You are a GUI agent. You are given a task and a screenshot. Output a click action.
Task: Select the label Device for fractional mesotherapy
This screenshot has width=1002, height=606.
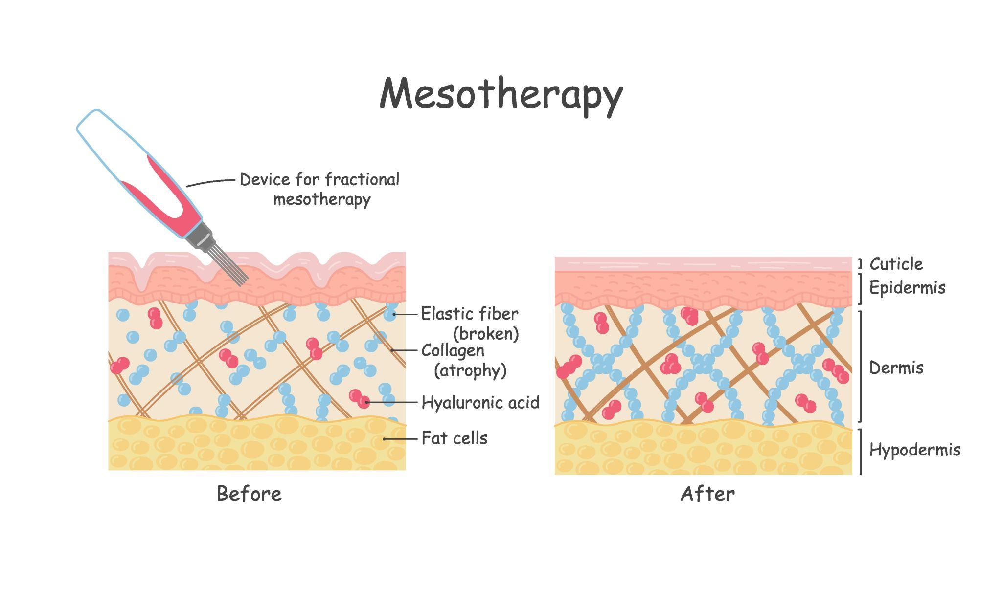coord(319,190)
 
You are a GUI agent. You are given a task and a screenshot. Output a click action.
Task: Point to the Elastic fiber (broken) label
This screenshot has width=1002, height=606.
coord(470,324)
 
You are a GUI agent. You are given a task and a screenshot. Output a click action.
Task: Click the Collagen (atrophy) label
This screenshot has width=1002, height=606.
coord(464,361)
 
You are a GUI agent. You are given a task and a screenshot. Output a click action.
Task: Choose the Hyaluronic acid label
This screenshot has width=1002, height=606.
coord(480,402)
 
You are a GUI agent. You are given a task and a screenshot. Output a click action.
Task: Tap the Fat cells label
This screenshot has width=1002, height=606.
coord(455,438)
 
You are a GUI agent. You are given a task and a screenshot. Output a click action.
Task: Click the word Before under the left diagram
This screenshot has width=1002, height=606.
coord(249,494)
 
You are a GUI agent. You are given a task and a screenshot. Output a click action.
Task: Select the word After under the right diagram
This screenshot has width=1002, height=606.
coord(707,494)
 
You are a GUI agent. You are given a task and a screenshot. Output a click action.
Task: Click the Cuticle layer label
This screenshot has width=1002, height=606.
coord(896,264)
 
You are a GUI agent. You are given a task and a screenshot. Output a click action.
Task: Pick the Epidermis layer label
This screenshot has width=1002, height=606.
coord(907,288)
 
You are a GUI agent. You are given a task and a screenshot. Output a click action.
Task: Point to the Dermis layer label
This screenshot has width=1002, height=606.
coord(896,368)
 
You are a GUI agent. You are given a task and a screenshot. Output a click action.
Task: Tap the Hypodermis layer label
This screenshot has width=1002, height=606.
coord(915,450)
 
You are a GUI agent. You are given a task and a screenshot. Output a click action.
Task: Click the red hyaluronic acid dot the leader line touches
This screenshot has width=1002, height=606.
coord(364,402)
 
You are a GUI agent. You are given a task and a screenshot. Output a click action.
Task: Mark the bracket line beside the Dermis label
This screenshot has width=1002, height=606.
coord(861,366)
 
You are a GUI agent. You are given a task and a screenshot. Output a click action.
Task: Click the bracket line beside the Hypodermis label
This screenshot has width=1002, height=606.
coord(861,452)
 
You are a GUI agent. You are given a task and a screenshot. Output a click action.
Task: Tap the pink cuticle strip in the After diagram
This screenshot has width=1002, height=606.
coord(703,264)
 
